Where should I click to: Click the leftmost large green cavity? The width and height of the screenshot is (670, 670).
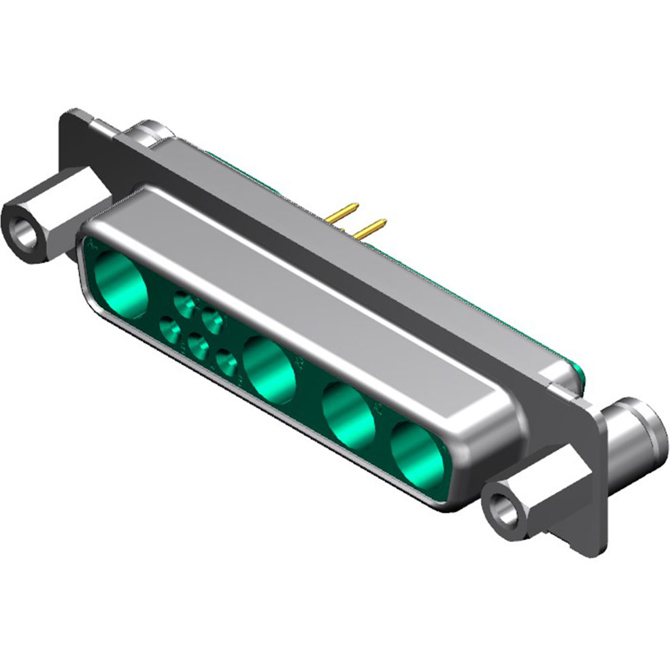(x=122, y=283)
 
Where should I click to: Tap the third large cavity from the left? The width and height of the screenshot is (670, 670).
(x=349, y=415)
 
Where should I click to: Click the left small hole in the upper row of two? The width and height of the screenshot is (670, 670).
(x=184, y=304)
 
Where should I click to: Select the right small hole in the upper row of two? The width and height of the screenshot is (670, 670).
(x=212, y=319)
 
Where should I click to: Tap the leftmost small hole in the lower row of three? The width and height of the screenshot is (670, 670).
(x=169, y=331)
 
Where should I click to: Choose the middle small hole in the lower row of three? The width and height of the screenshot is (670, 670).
(x=199, y=348)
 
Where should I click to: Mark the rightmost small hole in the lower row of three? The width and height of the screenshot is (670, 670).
(x=226, y=363)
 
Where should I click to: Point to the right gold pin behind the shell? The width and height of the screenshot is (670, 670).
(x=371, y=228)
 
